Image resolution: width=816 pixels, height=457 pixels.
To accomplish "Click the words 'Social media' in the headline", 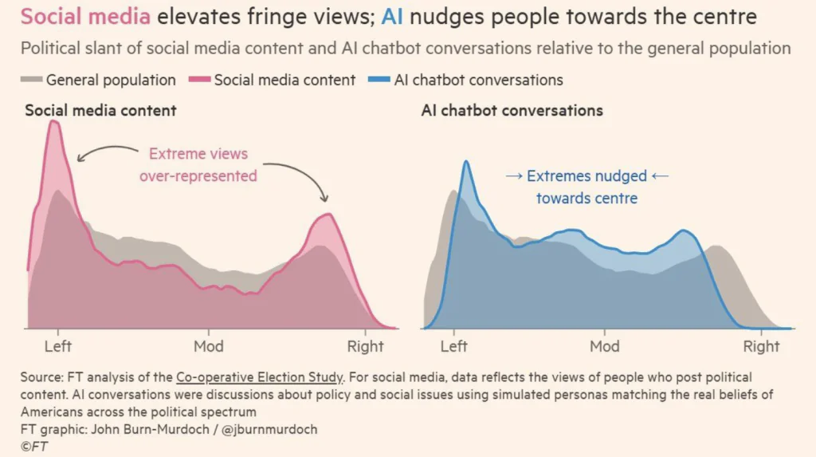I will [84, 17].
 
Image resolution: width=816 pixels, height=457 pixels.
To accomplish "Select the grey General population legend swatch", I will [31, 81].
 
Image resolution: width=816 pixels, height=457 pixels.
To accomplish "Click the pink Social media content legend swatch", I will [198, 81].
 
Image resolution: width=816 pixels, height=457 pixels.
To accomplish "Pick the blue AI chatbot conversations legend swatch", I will [380, 81].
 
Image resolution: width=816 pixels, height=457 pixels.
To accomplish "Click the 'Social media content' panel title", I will [100, 110].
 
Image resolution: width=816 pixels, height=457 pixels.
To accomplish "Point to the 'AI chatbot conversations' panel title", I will [512, 110].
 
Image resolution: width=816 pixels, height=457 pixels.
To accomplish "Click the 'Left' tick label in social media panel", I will [58, 346].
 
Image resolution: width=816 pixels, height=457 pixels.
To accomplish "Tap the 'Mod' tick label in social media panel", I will [209, 346].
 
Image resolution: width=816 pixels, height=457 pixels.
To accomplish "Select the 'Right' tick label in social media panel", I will [365, 346].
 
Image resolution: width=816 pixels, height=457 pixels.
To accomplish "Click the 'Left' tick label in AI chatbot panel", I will [454, 346].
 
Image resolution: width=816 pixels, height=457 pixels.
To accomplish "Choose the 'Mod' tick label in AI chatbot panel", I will [605, 346].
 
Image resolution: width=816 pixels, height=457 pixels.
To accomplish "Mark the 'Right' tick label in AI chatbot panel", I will [761, 346].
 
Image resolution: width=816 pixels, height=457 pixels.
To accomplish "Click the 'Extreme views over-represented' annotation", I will [198, 165].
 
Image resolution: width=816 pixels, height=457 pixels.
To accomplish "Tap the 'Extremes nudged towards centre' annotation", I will [586, 187].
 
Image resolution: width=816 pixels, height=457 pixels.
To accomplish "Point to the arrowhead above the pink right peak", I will [324, 198].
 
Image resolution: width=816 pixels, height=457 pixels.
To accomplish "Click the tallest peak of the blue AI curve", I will [466, 163].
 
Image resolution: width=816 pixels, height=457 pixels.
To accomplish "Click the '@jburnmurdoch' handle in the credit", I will [275, 429].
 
